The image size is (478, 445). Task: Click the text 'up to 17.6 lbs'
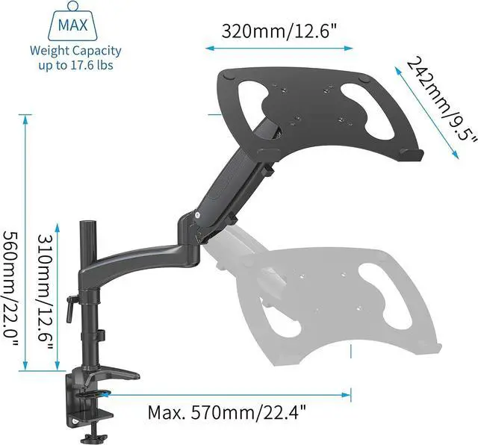[x=75, y=65]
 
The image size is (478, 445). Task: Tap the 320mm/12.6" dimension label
[x=279, y=31]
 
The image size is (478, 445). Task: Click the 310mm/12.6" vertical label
[x=46, y=292]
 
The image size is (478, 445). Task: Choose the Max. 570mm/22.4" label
[x=226, y=412]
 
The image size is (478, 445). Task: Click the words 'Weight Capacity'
[x=75, y=51]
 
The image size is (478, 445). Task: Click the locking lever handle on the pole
[x=70, y=308]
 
